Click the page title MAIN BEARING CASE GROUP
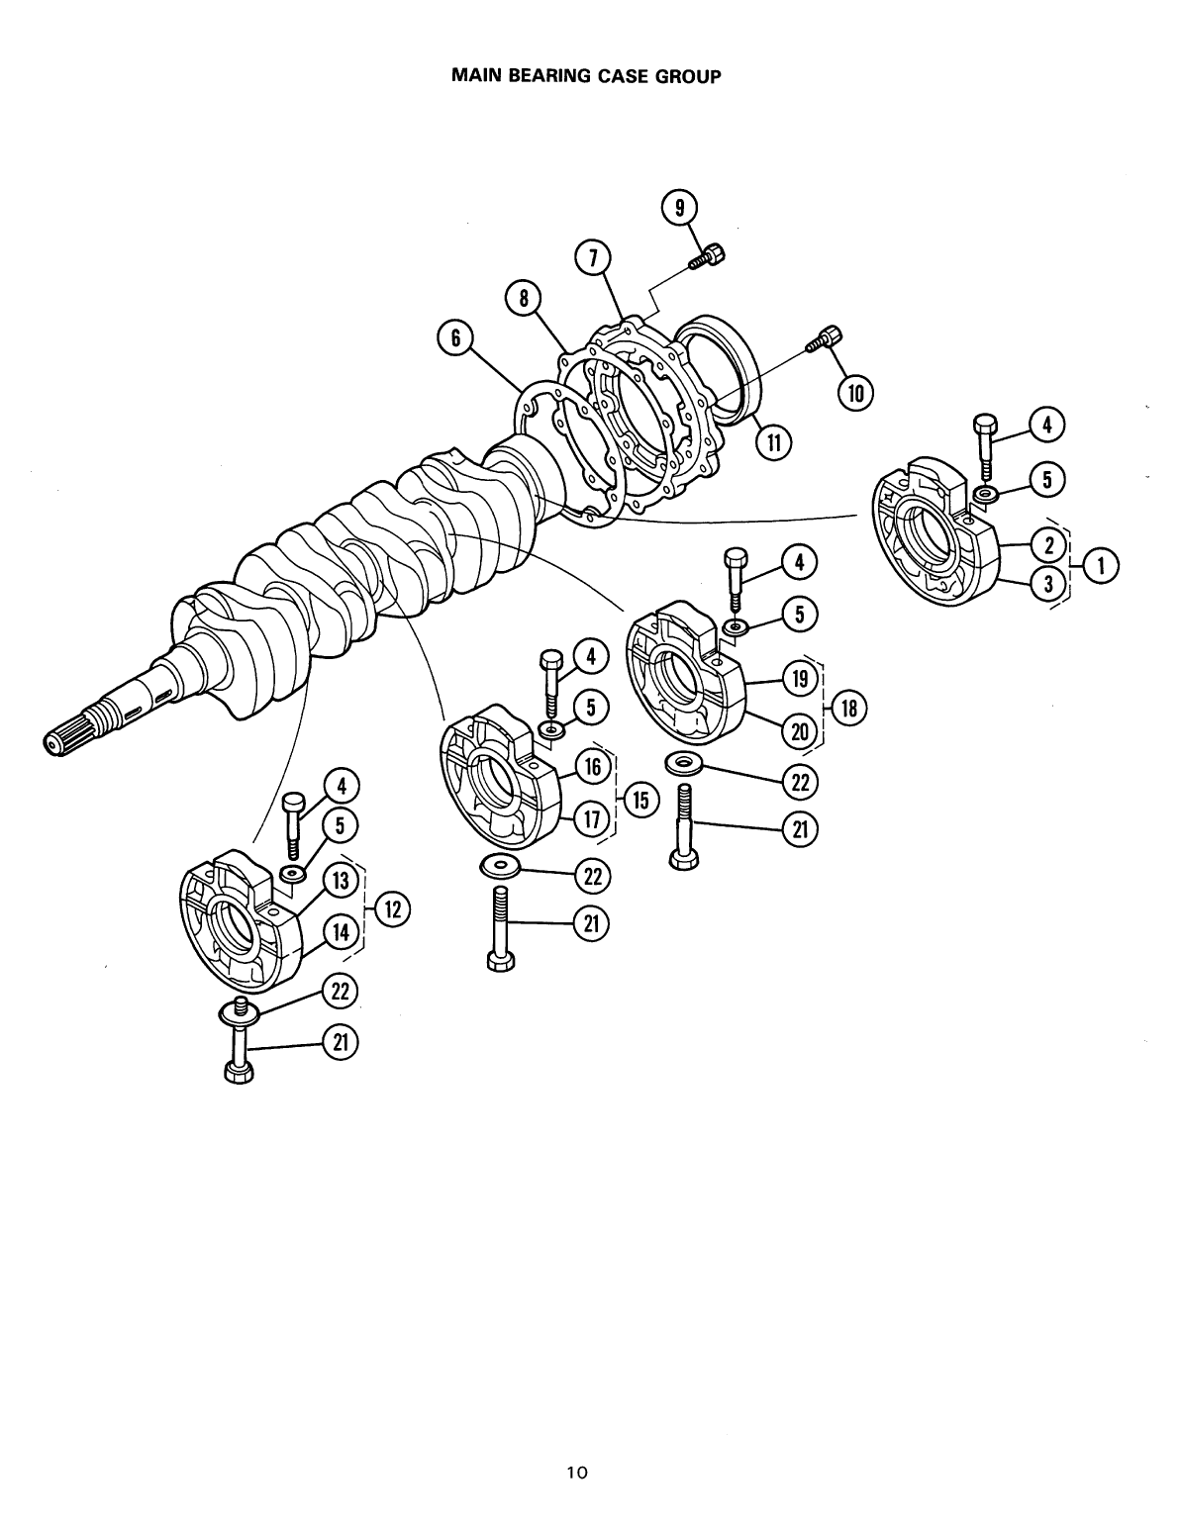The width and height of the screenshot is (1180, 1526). point(585,75)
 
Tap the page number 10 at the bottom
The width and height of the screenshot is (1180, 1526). point(576,1473)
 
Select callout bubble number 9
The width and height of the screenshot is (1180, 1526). point(679,209)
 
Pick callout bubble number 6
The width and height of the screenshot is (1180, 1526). point(455,337)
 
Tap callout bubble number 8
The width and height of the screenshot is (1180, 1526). point(522,297)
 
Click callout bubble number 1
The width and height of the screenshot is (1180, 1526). point(1102,566)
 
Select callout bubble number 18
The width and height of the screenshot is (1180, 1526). point(848,708)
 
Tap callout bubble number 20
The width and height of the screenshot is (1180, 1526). point(799,731)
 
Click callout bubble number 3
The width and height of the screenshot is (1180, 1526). point(1047,585)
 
